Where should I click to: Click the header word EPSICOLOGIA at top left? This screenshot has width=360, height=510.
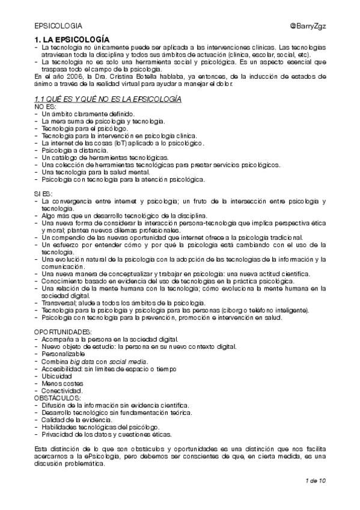click(x=58, y=26)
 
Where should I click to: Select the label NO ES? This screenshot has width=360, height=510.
click(x=43, y=106)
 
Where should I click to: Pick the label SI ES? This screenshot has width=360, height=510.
click(x=43, y=193)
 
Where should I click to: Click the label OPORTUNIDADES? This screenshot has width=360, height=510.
click(x=63, y=332)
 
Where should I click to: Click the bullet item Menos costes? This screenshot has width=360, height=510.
click(x=61, y=383)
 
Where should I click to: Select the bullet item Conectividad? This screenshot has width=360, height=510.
click(x=62, y=390)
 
